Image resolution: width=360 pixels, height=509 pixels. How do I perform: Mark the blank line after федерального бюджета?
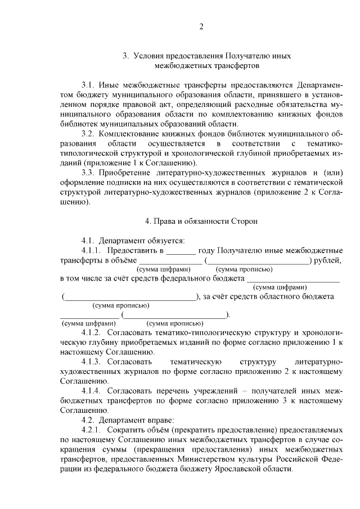click(293, 278)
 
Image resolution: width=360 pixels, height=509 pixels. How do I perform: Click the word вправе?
click(161, 420)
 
